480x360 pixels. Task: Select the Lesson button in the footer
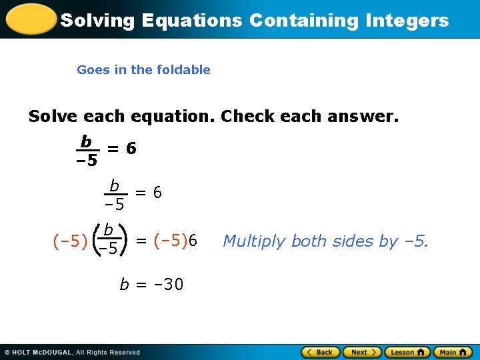(x=406, y=352)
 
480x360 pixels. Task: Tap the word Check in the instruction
(x=247, y=117)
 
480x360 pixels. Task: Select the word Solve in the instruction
(x=53, y=117)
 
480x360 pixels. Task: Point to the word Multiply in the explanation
(x=255, y=241)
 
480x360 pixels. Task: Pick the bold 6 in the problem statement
(x=131, y=149)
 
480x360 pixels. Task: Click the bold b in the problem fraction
(x=85, y=141)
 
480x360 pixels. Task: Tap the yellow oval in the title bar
(x=29, y=19)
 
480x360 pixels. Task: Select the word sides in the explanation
(x=356, y=241)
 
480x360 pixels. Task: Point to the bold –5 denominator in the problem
(x=86, y=161)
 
